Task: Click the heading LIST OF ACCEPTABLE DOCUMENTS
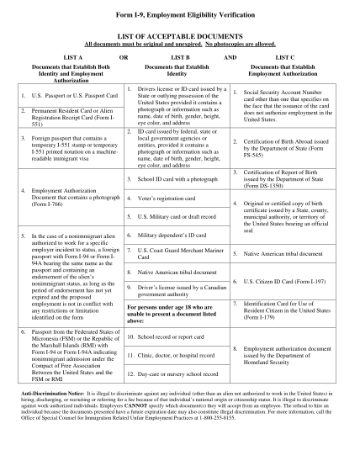(x=179, y=38)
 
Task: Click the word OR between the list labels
(x=124, y=56)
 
